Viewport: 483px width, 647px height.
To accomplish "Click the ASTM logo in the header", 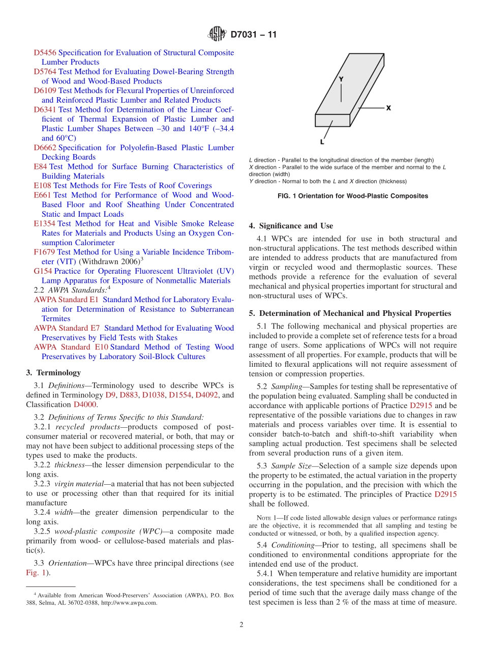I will [218, 35].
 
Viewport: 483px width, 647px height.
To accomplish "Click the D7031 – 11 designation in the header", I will [254, 35].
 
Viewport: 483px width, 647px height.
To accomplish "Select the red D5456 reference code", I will [45, 53].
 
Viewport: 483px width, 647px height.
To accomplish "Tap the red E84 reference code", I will [40, 167].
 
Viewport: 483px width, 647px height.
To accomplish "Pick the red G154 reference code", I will [43, 271].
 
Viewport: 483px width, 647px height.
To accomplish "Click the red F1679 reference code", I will [44, 252].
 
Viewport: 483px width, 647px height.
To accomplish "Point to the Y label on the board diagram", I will [341, 79].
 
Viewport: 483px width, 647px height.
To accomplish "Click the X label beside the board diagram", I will [388, 108].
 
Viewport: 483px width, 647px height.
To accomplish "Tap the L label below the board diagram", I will [322, 141].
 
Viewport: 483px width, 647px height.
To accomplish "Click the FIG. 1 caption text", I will [338, 196].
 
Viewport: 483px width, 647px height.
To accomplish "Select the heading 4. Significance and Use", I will [291, 226].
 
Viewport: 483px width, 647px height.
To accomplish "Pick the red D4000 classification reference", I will [84, 405].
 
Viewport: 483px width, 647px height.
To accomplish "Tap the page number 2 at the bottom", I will [242, 625].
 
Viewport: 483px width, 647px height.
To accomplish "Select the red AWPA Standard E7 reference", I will [67, 329].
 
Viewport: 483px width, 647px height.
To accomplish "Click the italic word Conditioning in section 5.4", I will [293, 545].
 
